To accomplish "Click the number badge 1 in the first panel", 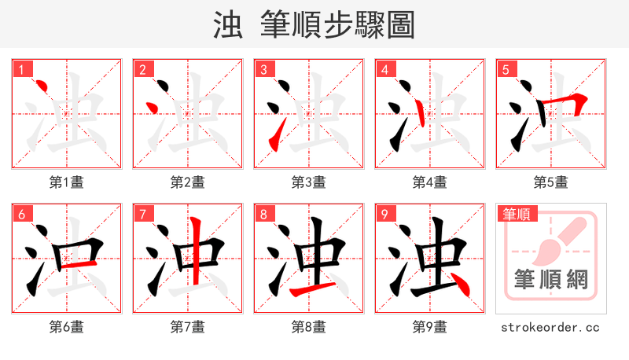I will pyautogui.click(x=21, y=69).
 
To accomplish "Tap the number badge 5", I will pyautogui.click(x=506, y=69).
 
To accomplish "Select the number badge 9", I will pyautogui.click(x=384, y=214).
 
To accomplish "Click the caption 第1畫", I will pyautogui.click(x=66, y=182).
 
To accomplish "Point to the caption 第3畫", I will pyautogui.click(x=308, y=182).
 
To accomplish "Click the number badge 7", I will pyautogui.click(x=142, y=214).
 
